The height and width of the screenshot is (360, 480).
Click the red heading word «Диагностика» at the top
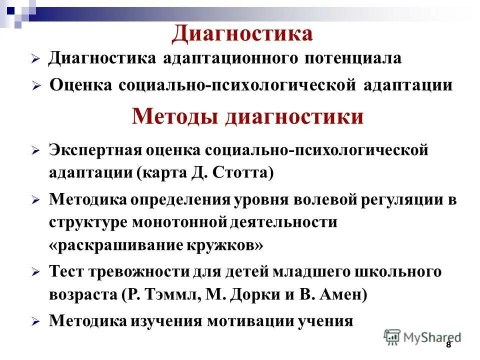(x=242, y=33)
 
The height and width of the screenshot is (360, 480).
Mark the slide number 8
(x=448, y=344)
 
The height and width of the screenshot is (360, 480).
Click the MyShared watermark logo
(x=422, y=337)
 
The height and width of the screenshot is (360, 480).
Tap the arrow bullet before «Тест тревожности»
(x=35, y=273)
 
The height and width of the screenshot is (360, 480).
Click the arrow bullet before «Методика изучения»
(x=35, y=321)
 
